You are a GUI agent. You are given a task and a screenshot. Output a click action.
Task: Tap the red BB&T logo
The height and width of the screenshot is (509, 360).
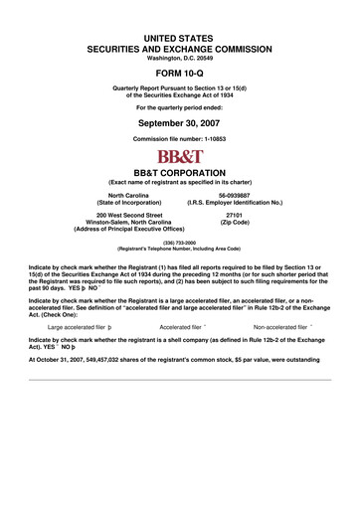pyautogui.click(x=180, y=156)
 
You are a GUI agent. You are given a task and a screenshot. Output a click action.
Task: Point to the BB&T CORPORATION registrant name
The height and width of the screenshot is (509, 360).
pyautogui.click(x=180, y=171)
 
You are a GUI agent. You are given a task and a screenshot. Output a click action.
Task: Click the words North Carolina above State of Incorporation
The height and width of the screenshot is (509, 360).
pyautogui.click(x=129, y=196)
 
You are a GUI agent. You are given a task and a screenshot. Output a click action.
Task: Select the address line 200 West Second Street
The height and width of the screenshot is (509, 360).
pyautogui.click(x=129, y=214)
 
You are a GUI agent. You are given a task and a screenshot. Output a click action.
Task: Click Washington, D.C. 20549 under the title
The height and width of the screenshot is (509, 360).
pyautogui.click(x=180, y=57)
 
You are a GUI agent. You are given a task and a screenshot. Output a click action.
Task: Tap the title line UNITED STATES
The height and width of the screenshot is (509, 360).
pyautogui.click(x=180, y=36)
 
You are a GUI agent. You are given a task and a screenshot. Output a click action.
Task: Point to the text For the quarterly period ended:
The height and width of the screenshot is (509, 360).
pyautogui.click(x=180, y=106)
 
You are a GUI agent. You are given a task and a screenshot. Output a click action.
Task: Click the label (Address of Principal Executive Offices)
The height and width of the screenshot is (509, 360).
pyautogui.click(x=129, y=230)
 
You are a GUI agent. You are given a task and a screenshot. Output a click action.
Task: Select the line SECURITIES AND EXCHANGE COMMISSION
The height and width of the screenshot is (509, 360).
pyautogui.click(x=180, y=47)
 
